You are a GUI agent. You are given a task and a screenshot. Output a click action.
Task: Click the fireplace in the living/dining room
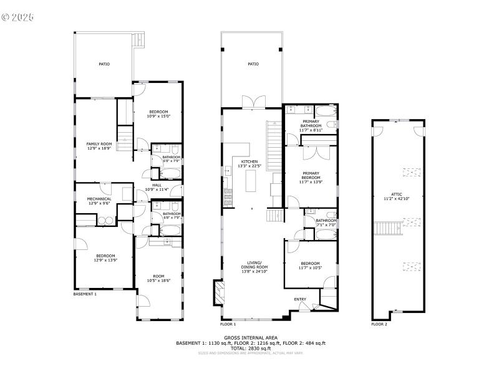218,292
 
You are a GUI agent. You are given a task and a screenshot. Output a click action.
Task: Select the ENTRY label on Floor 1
300,300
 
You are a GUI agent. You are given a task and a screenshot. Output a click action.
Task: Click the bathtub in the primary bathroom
324,112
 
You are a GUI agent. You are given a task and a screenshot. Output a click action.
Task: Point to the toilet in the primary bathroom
334,125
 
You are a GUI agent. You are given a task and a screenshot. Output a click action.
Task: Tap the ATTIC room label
397,196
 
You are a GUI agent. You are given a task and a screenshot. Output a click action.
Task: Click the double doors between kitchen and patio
252,102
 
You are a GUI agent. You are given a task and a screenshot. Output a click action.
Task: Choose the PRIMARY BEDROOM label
311,176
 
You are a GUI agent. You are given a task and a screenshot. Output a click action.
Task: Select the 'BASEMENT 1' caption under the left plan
85,294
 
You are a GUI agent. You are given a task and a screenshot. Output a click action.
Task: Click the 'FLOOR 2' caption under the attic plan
379,324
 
